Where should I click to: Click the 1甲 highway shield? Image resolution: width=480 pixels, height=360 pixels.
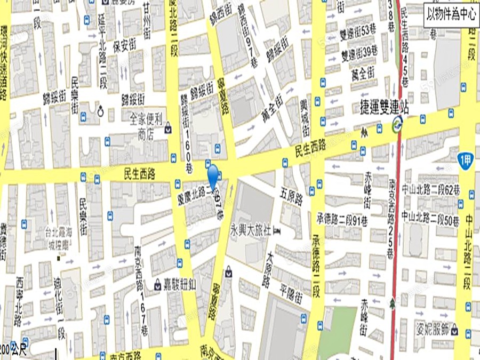pos(466,159)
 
